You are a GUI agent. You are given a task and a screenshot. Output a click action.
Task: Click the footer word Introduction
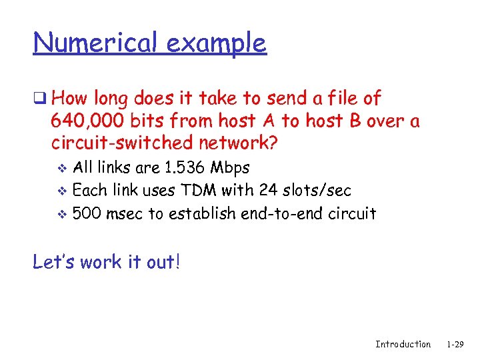[x=403, y=344]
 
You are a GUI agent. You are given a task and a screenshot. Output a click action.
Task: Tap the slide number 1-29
[x=455, y=344]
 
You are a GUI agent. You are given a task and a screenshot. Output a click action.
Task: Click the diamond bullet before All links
[x=63, y=168]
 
